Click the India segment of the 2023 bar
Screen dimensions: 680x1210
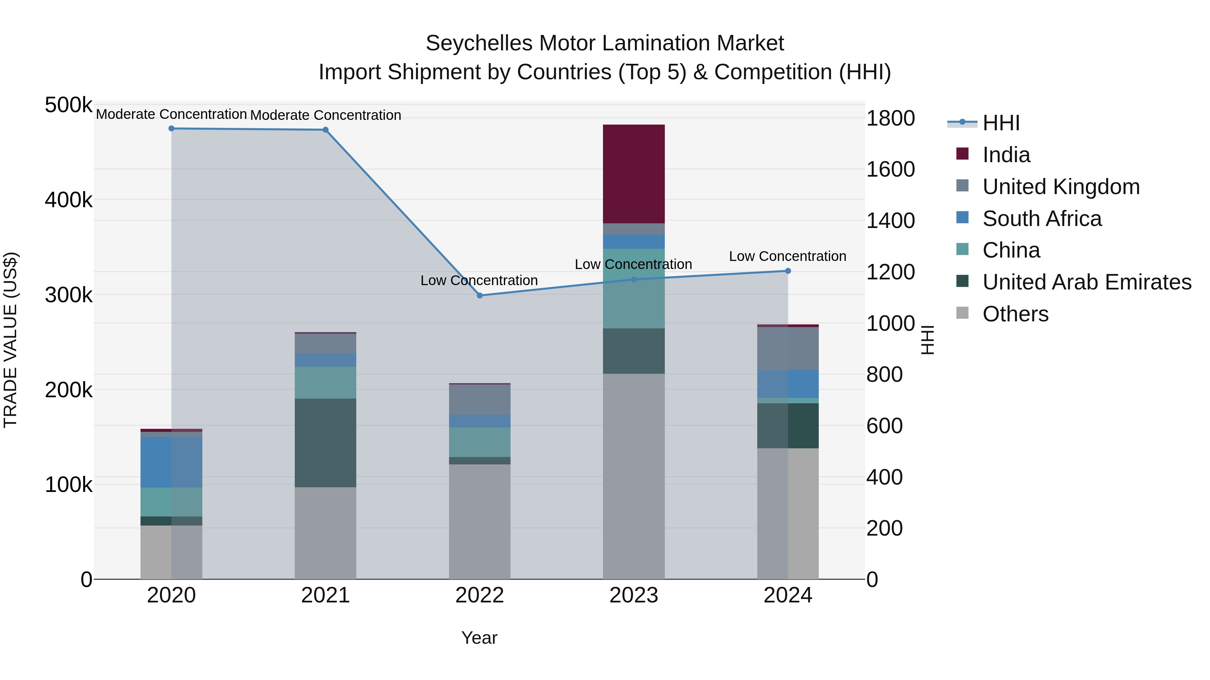point(634,174)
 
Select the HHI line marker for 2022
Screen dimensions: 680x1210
point(480,296)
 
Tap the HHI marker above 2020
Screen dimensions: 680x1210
point(171,129)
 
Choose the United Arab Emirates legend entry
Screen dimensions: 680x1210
point(1086,282)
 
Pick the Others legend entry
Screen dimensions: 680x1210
point(1015,314)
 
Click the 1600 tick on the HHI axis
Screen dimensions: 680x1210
point(890,170)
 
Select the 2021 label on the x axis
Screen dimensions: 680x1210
point(325,595)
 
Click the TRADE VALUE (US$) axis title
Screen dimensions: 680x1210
point(10,340)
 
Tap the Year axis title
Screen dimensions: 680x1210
point(479,638)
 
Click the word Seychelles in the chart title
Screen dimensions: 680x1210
point(479,43)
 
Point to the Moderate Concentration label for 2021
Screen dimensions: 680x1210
point(325,115)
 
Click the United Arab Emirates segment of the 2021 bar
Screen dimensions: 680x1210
point(325,443)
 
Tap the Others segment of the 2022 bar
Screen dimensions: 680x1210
point(480,521)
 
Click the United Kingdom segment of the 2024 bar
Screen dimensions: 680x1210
point(788,348)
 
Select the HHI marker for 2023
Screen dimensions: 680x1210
point(634,279)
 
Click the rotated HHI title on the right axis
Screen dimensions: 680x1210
point(927,340)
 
